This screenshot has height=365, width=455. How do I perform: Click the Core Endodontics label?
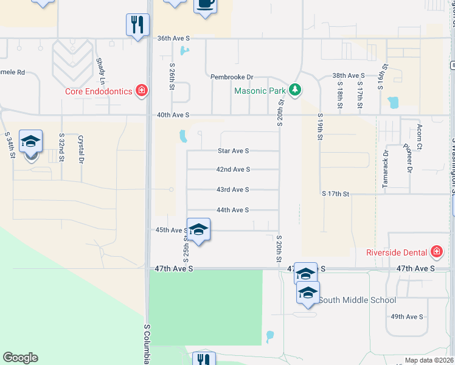click(x=100, y=92)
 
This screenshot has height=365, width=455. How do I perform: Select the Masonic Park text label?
click(x=260, y=91)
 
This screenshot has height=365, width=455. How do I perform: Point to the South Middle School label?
click(x=357, y=300)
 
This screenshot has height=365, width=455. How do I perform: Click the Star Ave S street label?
click(x=234, y=151)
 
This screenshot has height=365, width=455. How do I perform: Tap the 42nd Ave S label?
click(x=234, y=170)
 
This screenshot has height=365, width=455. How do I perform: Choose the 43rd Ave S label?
click(x=234, y=190)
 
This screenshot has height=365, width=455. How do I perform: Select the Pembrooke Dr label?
click(x=231, y=77)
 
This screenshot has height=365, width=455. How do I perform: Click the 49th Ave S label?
click(x=406, y=317)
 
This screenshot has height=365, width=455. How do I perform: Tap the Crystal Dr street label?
click(x=81, y=150)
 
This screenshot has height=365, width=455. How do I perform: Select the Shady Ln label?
click(x=101, y=72)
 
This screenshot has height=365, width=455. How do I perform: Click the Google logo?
click(x=20, y=358)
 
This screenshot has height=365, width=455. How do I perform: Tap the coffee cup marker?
click(x=205, y=5)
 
